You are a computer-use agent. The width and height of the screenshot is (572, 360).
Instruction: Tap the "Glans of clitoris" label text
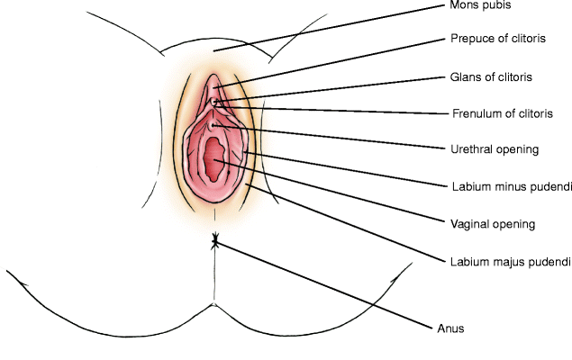tap(490, 76)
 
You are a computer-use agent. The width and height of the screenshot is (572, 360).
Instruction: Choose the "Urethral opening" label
tap(494, 149)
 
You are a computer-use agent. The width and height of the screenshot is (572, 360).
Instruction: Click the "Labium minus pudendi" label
tap(511, 187)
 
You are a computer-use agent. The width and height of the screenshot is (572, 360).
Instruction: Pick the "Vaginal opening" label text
tap(493, 223)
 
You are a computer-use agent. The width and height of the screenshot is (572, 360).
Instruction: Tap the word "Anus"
tap(450, 328)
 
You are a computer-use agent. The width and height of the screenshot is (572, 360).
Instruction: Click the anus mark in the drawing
tap(214, 241)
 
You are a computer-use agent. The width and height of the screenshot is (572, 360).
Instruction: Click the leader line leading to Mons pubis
tap(342, 24)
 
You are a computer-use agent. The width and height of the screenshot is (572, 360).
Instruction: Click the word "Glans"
tap(464, 76)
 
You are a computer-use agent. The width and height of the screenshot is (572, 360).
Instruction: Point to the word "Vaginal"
tap(469, 223)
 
